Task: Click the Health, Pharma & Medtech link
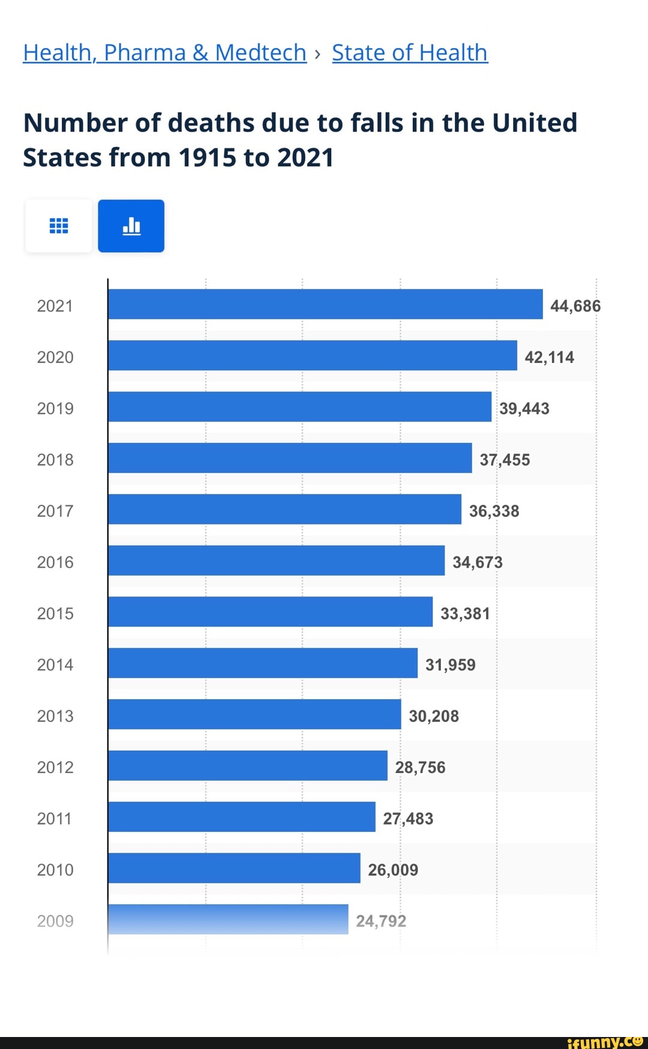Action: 164,53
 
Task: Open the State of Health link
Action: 410,53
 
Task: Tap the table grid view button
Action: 59,226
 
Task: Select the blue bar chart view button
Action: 131,226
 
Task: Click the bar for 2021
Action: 325,304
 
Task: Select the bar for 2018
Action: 290,458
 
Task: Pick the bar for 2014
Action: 263,663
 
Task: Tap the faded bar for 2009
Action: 228,919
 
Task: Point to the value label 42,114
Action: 549,358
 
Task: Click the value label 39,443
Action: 524,409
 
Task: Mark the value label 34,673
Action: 478,562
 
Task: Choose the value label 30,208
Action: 434,716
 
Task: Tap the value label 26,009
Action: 393,870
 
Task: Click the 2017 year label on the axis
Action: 55,511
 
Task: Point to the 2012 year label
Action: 55,768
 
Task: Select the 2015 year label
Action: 55,614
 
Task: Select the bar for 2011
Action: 242,817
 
